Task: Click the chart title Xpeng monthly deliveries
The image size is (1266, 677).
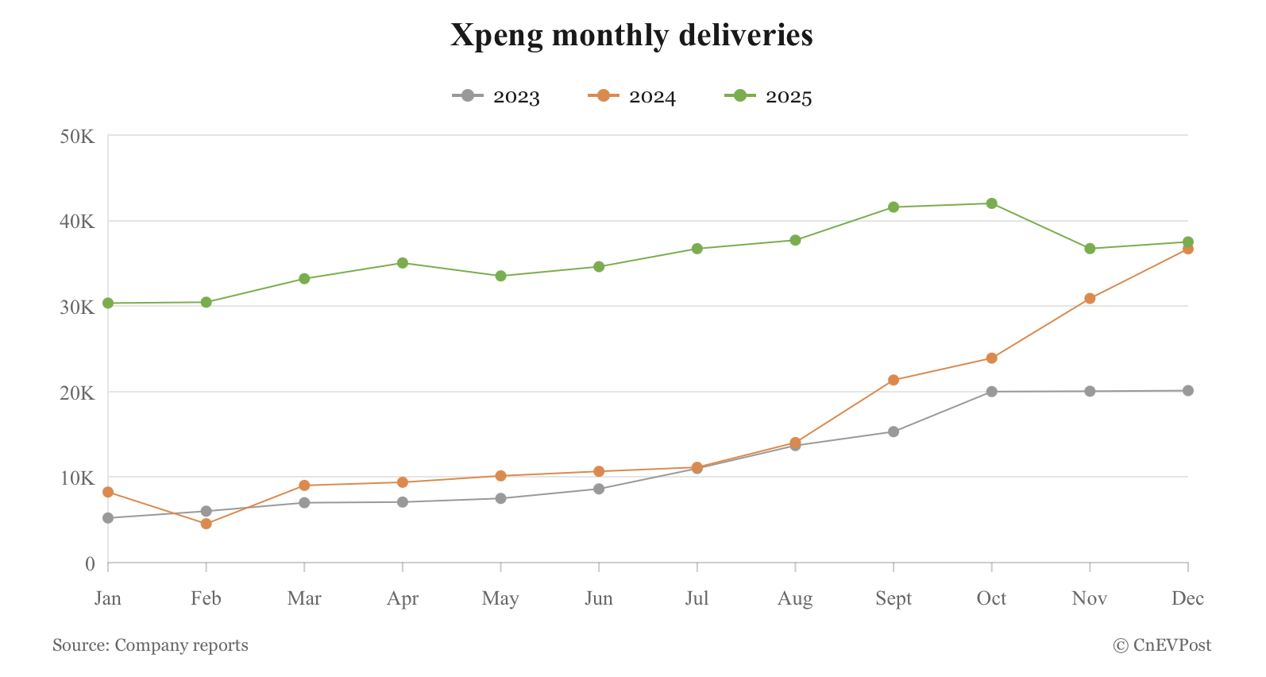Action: tap(631, 35)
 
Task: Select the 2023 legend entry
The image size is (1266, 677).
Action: tap(496, 96)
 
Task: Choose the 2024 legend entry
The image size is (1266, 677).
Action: tap(632, 96)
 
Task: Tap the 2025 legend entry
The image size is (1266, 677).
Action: tap(769, 96)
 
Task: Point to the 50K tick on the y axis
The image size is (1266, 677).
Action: tap(77, 137)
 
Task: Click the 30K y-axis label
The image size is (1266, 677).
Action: tap(77, 307)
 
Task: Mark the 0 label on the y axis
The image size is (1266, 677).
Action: tap(90, 564)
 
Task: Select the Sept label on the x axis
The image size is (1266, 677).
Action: tap(894, 598)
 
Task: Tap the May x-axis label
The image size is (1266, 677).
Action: tap(500, 598)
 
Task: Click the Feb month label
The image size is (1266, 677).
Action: tap(206, 598)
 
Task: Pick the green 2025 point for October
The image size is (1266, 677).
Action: tap(991, 203)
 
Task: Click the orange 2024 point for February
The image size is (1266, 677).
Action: tap(206, 524)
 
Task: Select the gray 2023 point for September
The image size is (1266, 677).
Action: tap(894, 431)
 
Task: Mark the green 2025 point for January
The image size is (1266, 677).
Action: tap(108, 303)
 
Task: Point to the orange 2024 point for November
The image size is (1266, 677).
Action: tap(1090, 299)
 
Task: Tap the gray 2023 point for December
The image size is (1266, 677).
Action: tap(1187, 391)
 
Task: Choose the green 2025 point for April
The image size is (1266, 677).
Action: tap(403, 263)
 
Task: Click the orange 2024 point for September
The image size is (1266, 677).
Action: tap(894, 380)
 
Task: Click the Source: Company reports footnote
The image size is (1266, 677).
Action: tap(150, 645)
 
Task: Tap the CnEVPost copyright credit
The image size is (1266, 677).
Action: tap(1162, 645)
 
